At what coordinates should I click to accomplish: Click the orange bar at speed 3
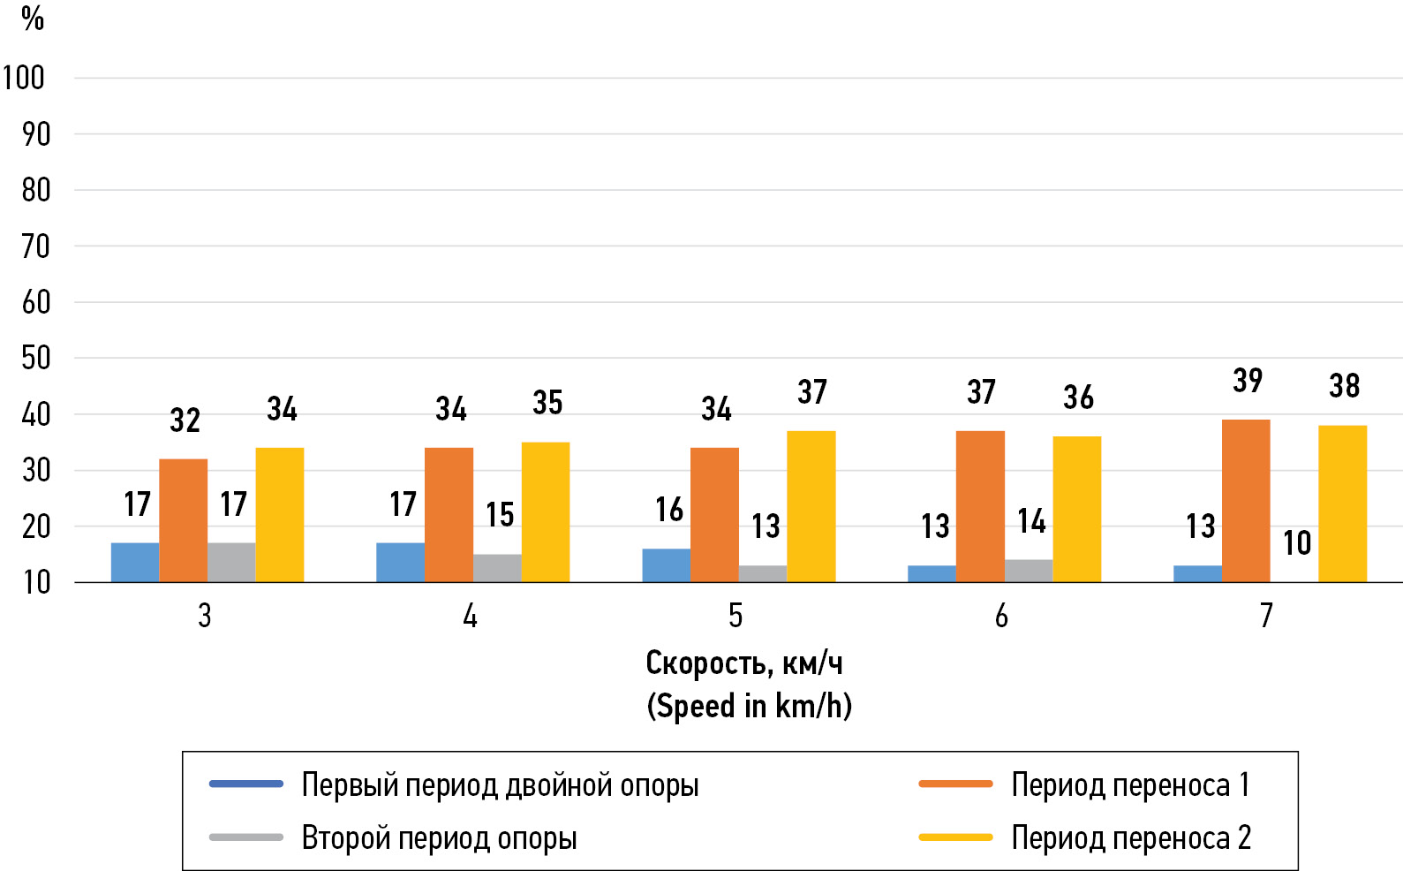tap(184, 520)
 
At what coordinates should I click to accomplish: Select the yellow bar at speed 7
tap(1342, 504)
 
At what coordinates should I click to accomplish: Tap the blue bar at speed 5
tap(666, 565)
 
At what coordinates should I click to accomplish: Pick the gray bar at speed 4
tap(497, 568)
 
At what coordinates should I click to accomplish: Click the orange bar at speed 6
tap(980, 506)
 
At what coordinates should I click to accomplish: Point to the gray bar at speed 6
tap(1029, 571)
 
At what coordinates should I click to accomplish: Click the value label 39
tap(1248, 381)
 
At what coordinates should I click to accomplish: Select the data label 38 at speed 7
tap(1344, 386)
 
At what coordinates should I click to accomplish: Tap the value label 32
tap(185, 420)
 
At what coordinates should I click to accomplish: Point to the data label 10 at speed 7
tap(1296, 543)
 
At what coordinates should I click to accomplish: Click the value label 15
tap(500, 515)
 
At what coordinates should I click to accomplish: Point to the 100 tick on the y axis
tap(24, 79)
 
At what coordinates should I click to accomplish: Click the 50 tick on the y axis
tap(35, 359)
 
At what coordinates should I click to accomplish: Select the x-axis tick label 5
tap(735, 616)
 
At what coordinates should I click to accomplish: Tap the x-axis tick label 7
tap(1266, 616)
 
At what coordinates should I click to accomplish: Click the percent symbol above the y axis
tap(33, 19)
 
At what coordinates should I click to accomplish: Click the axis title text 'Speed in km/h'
tap(749, 707)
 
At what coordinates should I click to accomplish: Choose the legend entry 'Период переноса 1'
tap(1130, 784)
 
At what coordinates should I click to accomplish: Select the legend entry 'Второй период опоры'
tap(439, 837)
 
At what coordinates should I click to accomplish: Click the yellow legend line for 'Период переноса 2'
tap(955, 837)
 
